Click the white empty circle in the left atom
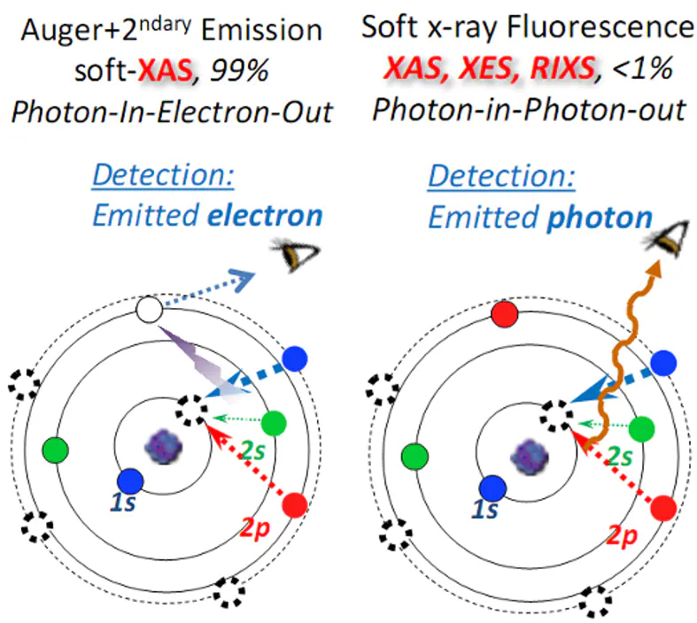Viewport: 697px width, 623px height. click(151, 311)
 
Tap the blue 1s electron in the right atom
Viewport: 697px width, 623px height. click(492, 488)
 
